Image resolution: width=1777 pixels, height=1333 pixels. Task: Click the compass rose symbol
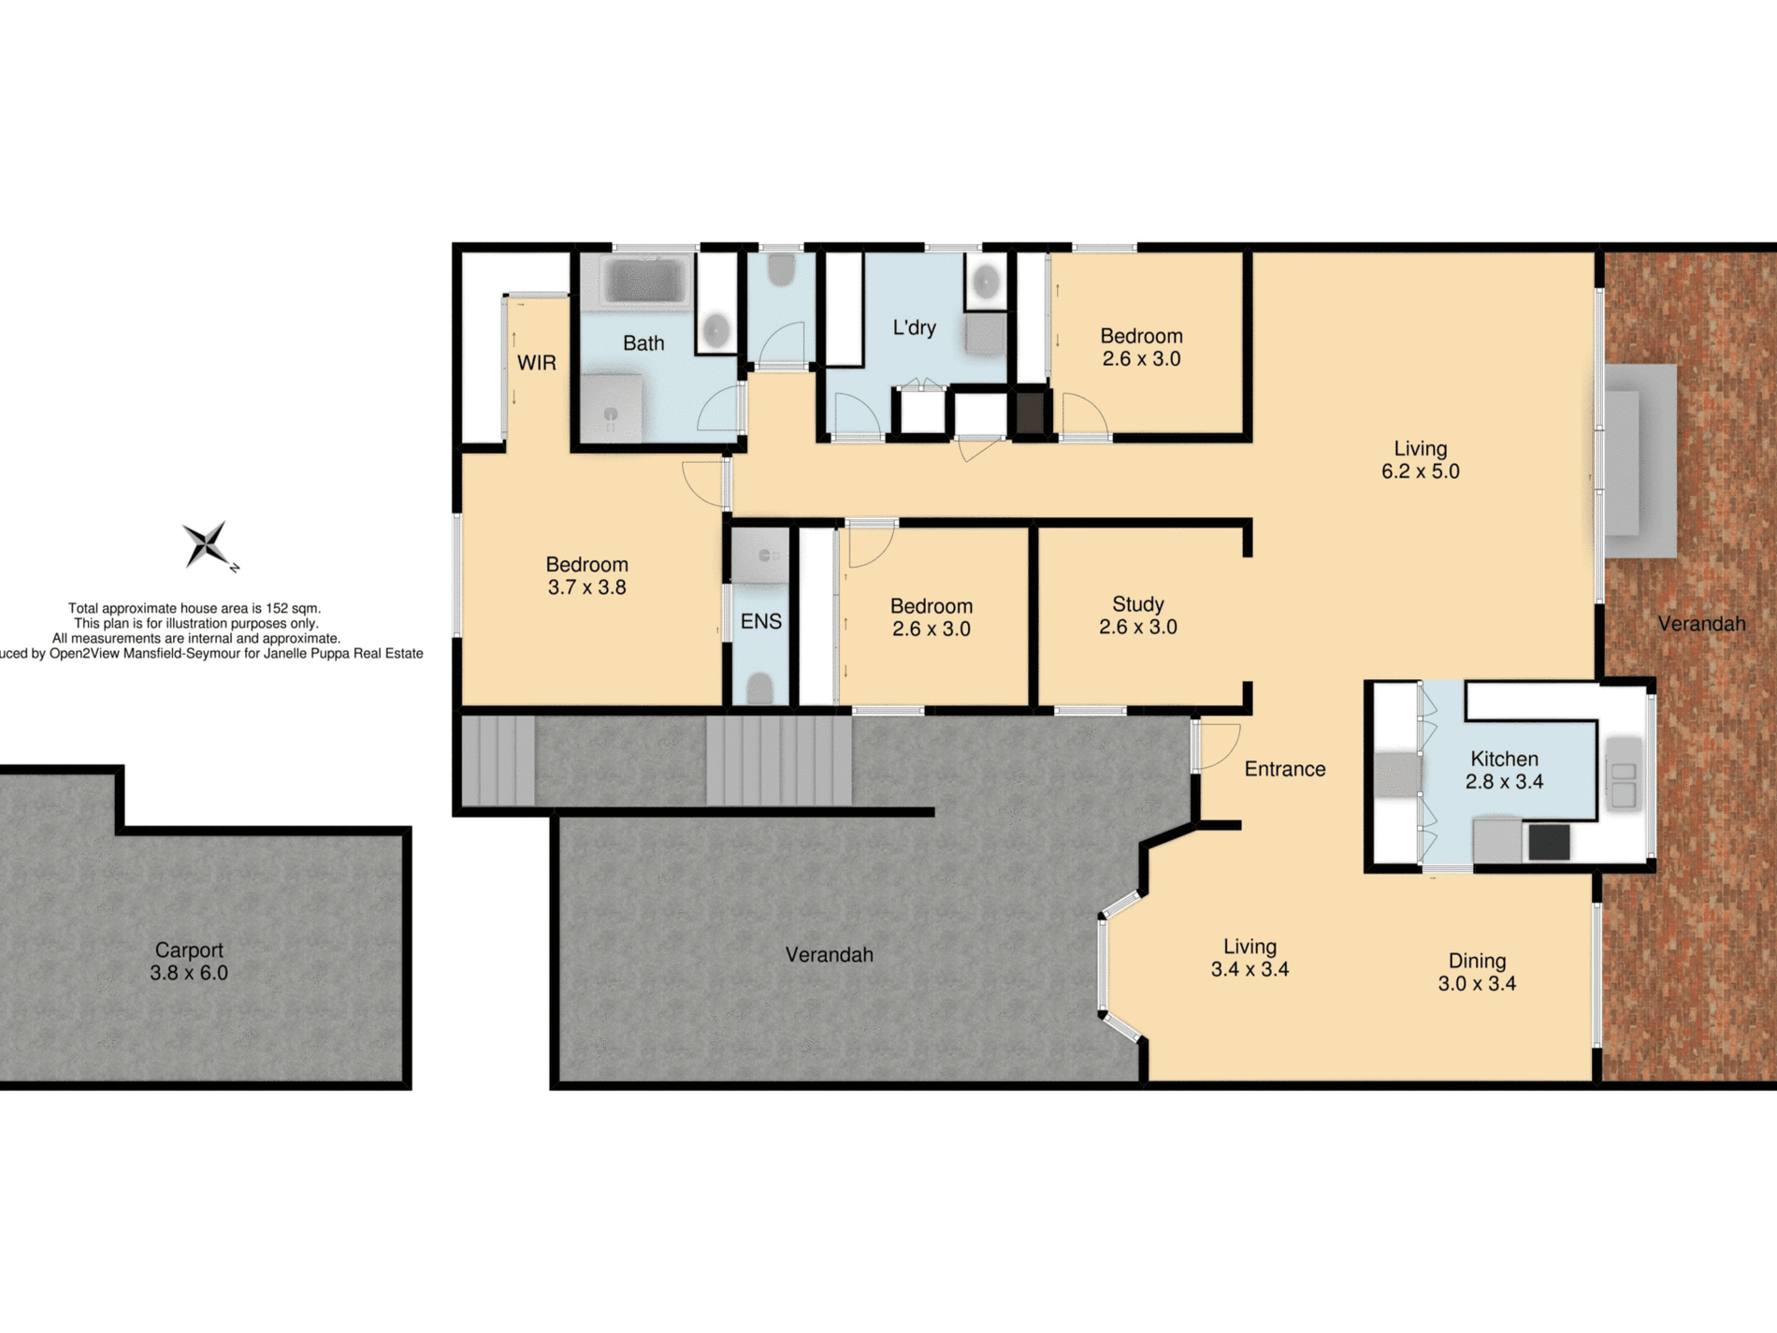click(x=207, y=544)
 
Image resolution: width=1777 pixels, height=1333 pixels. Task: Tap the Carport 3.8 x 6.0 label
click(x=189, y=961)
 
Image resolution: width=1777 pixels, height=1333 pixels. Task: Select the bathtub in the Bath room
click(x=643, y=280)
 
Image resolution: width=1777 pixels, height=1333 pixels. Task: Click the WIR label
click(x=537, y=363)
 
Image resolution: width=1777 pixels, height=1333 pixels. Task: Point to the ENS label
click(x=760, y=622)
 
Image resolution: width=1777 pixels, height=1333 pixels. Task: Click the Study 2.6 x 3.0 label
click(x=1137, y=616)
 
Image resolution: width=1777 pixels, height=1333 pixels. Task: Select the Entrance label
click(x=1284, y=769)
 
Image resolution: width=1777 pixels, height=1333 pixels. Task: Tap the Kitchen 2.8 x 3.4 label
click(x=1504, y=770)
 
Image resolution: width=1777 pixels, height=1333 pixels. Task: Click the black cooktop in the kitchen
click(x=1549, y=842)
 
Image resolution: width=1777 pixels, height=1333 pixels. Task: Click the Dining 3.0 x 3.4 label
click(x=1477, y=972)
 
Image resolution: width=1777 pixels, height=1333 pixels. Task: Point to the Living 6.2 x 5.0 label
click(x=1420, y=459)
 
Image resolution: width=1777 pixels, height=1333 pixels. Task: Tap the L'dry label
click(x=914, y=327)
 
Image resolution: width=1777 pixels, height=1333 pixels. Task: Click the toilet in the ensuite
click(x=760, y=689)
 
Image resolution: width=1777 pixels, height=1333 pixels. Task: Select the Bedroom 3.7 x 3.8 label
click(x=586, y=576)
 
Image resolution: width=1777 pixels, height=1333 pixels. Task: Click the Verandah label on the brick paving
click(x=1701, y=624)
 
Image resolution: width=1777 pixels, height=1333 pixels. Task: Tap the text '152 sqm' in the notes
click(x=292, y=608)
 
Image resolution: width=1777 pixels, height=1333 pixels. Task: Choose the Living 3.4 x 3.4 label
click(x=1250, y=958)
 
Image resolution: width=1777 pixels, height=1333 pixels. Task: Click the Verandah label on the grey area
click(x=829, y=955)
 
